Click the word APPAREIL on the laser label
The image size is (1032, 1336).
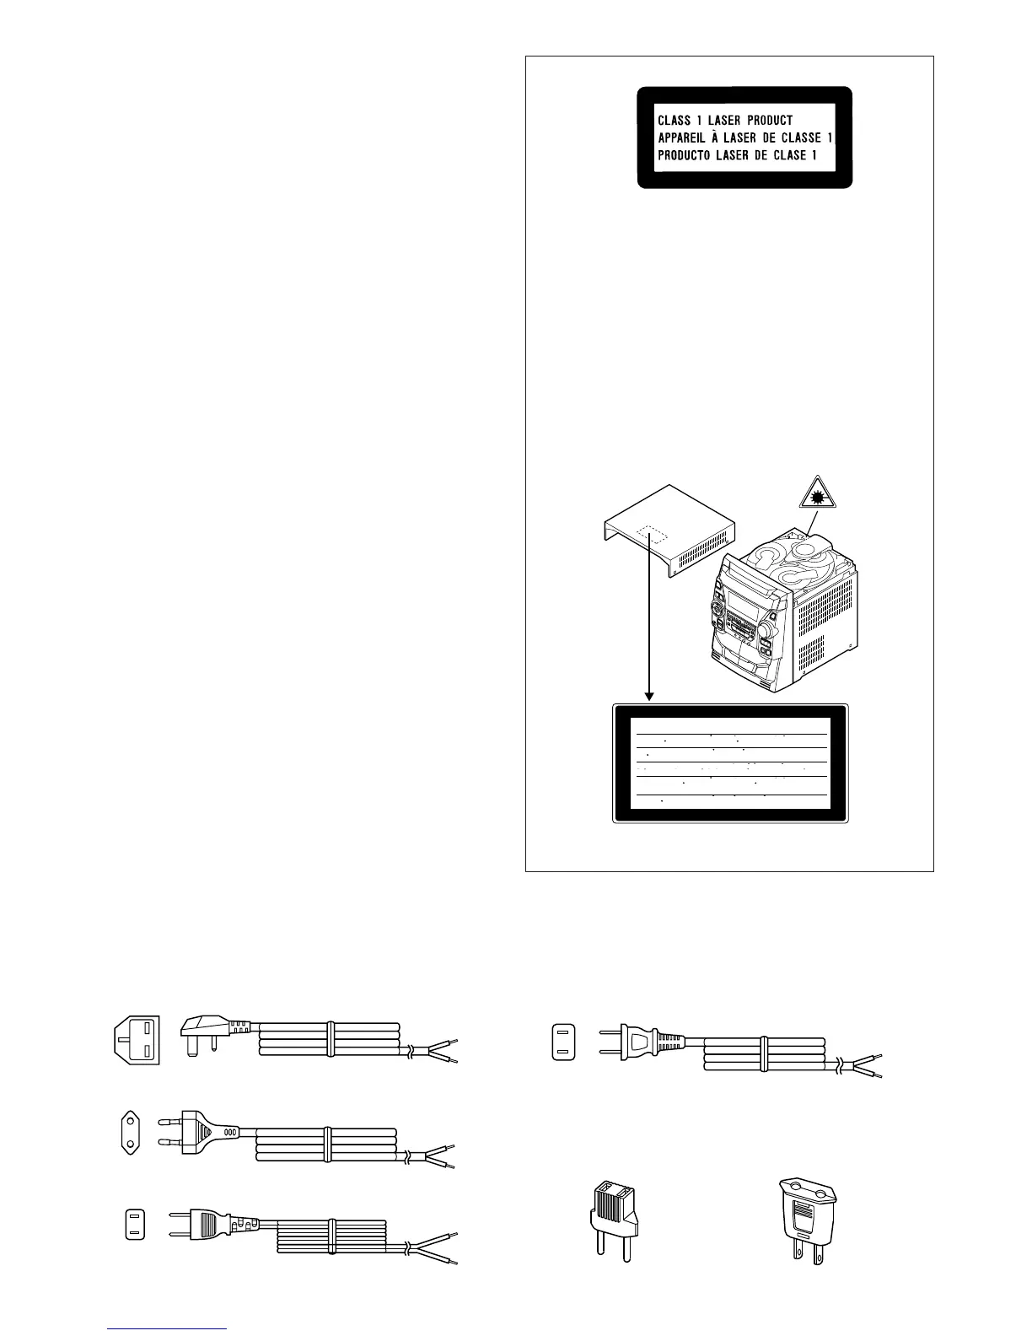(x=684, y=138)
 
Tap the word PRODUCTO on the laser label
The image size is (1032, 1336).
(x=685, y=156)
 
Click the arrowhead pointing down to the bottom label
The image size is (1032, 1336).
(x=649, y=696)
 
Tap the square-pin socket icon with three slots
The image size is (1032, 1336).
(x=136, y=1040)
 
